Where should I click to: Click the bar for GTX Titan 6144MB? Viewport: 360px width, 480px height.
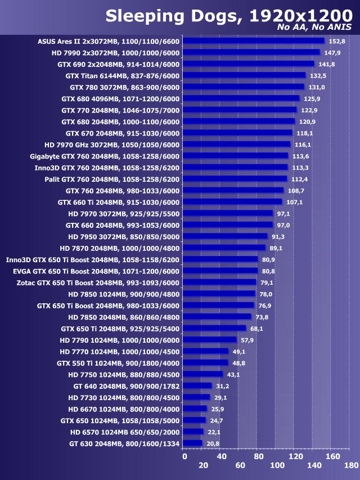245,75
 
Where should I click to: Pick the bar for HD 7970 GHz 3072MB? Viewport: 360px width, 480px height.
237,144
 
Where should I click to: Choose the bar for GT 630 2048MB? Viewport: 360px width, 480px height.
193,443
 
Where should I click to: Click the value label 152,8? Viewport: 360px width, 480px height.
336,41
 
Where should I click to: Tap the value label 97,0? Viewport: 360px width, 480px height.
283,225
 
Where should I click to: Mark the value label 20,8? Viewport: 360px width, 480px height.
213,443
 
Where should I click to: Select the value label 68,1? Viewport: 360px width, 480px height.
257,328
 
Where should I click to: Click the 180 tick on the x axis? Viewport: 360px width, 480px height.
351,465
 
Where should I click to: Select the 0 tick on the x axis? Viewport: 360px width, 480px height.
184,456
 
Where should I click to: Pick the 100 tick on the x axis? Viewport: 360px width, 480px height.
277,465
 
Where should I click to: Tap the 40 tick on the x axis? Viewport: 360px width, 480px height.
222,456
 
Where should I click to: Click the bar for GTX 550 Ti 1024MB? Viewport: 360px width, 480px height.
206,363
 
